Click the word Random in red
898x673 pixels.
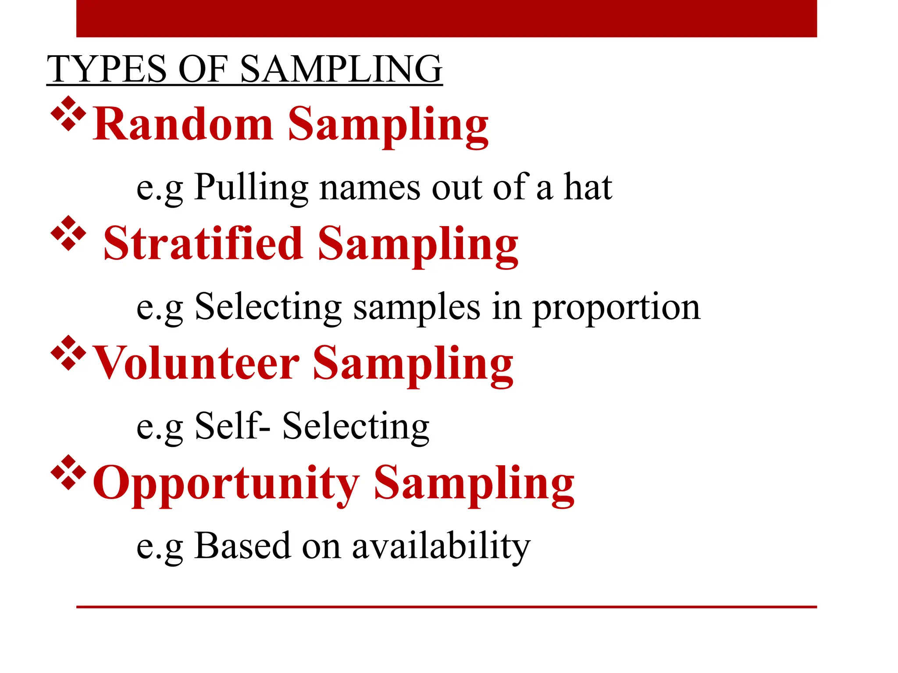tap(183, 124)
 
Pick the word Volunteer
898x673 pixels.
tap(197, 363)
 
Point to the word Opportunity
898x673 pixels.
tap(226, 483)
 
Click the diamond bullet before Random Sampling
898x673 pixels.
tap(68, 113)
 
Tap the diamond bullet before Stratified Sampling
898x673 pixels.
tap(68, 233)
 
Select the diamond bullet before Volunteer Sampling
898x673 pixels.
tap(68, 353)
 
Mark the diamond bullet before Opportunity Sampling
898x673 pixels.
tap(68, 472)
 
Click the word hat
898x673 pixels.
tap(588, 188)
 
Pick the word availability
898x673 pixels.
tap(441, 546)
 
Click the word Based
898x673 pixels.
tap(242, 545)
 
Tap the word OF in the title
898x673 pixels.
tap(203, 69)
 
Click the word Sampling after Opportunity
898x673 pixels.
tap(474, 483)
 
